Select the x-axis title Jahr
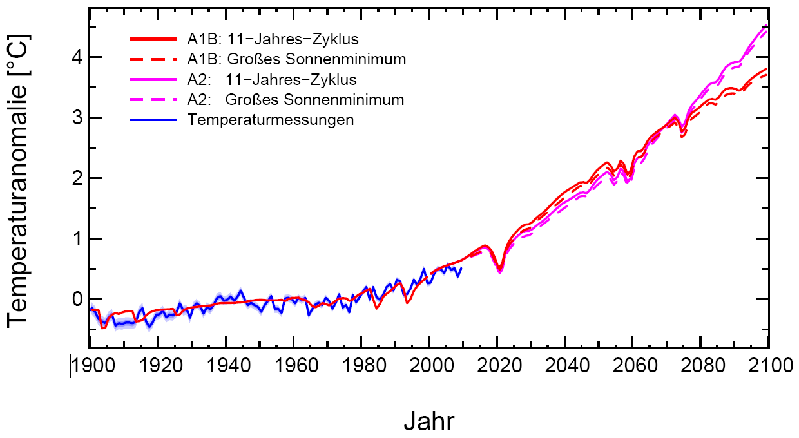click(x=429, y=421)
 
